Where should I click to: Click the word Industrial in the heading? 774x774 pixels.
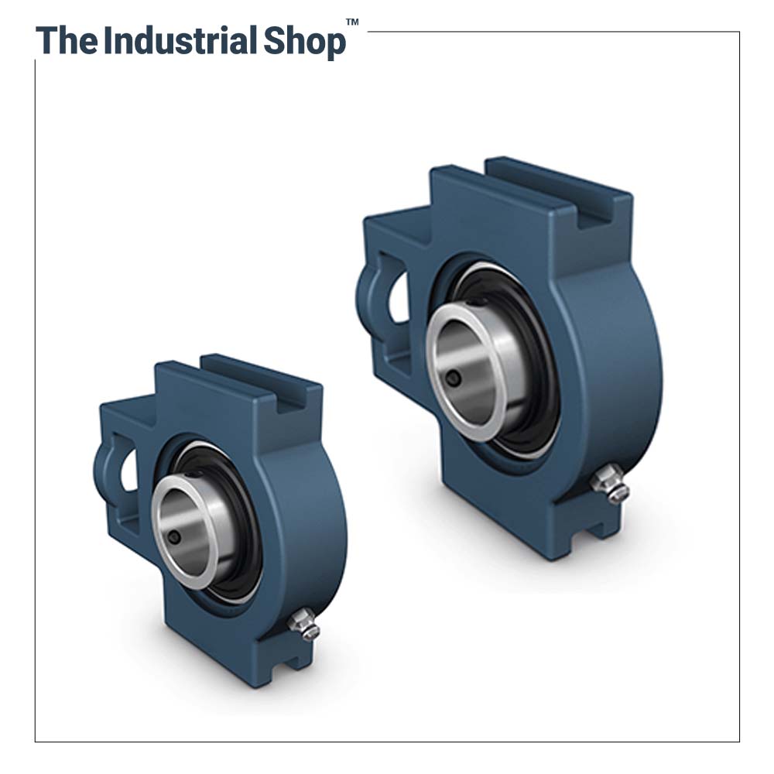(180, 41)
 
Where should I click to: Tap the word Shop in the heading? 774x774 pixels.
(304, 43)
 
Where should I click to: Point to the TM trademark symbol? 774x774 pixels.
(352, 22)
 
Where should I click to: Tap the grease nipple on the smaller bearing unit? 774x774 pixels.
(305, 624)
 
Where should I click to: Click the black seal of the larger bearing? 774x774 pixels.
(534, 364)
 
